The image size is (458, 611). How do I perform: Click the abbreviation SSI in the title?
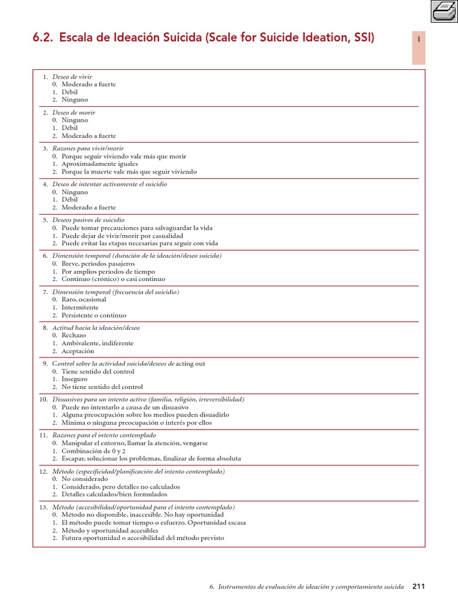tap(361, 39)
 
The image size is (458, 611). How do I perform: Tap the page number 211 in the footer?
tap(419, 587)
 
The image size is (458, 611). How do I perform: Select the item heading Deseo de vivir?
tap(72, 77)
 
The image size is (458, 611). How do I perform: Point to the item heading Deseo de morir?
tap(73, 112)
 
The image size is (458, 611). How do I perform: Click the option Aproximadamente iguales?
tap(100, 163)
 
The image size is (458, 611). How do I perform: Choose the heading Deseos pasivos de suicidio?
tap(88, 220)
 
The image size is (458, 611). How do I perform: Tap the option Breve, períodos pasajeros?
tap(98, 263)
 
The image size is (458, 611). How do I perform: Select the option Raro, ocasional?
tap(83, 300)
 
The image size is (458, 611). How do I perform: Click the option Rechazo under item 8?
tap(73, 335)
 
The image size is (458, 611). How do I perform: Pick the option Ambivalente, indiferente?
tap(97, 343)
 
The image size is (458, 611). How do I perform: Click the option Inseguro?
tap(75, 379)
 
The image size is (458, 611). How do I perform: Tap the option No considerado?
tap(85, 479)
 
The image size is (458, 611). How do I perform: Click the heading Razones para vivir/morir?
tap(88, 148)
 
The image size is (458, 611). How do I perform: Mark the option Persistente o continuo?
tap(94, 315)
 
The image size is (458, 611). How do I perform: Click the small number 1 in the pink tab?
tap(419, 39)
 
